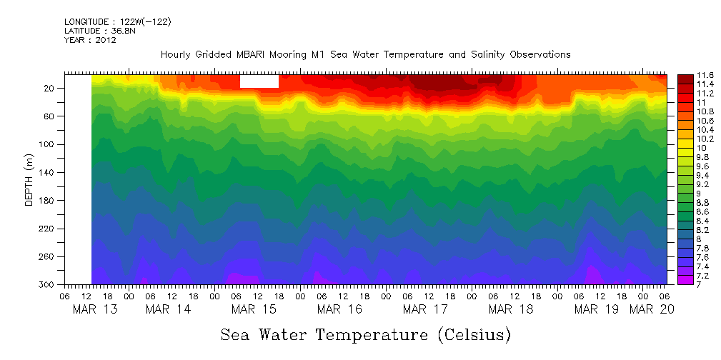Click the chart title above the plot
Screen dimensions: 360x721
click(365, 54)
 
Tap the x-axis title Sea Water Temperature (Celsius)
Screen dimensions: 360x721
click(365, 334)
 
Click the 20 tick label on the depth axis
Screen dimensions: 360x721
click(50, 88)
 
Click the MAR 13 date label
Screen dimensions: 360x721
click(96, 309)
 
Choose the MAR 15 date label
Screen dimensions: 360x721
click(254, 309)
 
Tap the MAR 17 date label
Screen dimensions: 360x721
click(425, 309)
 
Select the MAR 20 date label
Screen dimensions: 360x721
click(652, 309)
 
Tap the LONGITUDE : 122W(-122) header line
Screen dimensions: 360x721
click(117, 22)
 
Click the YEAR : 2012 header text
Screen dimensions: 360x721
click(90, 40)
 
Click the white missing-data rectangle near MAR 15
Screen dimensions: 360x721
click(259, 81)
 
